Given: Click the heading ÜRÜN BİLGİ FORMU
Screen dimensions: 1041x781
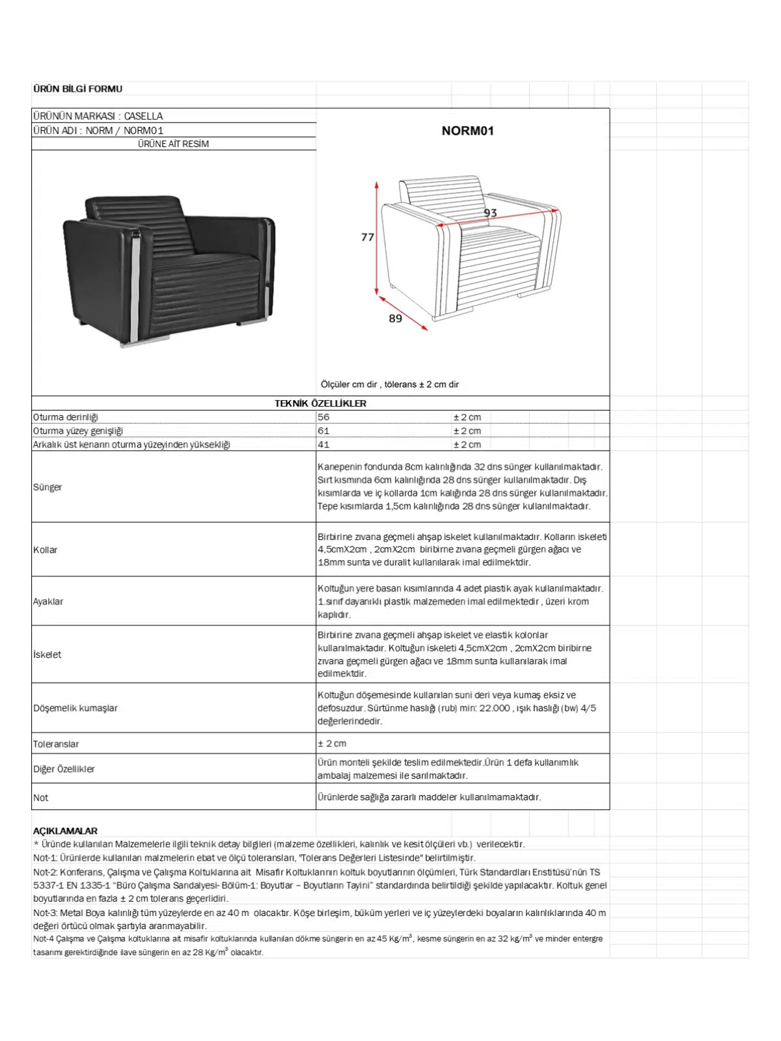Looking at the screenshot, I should pyautogui.click(x=77, y=88).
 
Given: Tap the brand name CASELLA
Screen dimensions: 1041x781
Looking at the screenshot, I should pyautogui.click(x=143, y=116).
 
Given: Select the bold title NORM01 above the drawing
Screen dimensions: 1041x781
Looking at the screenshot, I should pyautogui.click(x=467, y=131).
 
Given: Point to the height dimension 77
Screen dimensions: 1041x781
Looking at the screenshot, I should pyautogui.click(x=368, y=237).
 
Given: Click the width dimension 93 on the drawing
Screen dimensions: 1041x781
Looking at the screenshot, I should pyautogui.click(x=490, y=213).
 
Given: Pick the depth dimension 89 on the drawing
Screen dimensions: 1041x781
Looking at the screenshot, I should pyautogui.click(x=395, y=318).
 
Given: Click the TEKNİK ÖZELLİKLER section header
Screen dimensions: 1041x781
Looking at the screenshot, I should pyautogui.click(x=320, y=403).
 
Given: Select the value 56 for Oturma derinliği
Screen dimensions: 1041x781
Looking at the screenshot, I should pyautogui.click(x=323, y=417).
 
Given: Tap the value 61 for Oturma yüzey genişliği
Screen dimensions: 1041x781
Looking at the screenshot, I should pyautogui.click(x=323, y=431).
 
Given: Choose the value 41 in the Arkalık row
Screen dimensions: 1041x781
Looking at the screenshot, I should pyautogui.click(x=323, y=444).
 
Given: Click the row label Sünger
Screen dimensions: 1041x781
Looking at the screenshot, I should pyautogui.click(x=48, y=487).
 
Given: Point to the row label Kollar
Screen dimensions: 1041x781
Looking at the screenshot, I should pyautogui.click(x=46, y=550).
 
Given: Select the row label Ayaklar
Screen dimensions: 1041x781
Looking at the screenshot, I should pyautogui.click(x=48, y=601).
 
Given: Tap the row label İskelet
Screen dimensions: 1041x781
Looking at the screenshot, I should pyautogui.click(x=48, y=655).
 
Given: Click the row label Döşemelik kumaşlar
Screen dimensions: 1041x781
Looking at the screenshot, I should pyautogui.click(x=75, y=708).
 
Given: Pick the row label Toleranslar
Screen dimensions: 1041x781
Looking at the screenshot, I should pyautogui.click(x=56, y=744).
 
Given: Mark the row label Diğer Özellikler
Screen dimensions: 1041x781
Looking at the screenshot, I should pyautogui.click(x=64, y=769).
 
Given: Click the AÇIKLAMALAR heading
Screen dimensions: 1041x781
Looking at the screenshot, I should pyautogui.click(x=65, y=831).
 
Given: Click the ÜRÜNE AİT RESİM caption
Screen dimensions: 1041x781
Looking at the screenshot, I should pyautogui.click(x=173, y=144).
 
